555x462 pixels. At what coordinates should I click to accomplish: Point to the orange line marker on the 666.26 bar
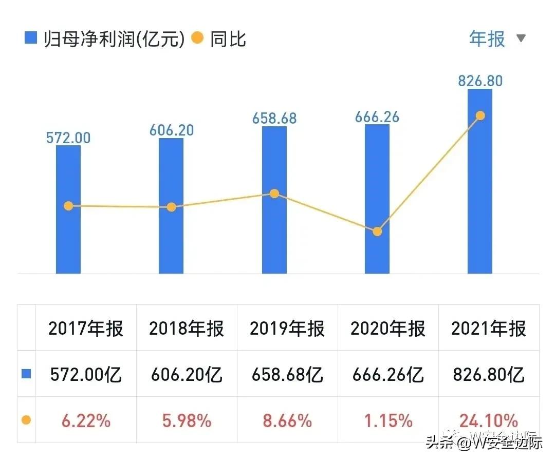click(377, 232)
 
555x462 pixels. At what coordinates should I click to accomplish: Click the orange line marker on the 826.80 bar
click(480, 115)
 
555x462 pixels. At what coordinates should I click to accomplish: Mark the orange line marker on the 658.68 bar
click(274, 194)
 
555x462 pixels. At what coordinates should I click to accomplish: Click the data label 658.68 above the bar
click(274, 119)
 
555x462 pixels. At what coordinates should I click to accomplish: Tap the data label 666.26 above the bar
click(377, 117)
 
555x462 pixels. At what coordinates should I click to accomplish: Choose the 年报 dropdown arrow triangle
click(521, 38)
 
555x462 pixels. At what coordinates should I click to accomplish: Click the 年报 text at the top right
click(487, 39)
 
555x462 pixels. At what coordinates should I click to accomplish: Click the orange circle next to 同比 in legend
click(198, 38)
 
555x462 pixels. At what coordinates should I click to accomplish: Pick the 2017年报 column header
click(86, 329)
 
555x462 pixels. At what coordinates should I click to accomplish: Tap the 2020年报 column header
click(388, 329)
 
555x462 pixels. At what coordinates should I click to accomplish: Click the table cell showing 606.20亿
click(187, 375)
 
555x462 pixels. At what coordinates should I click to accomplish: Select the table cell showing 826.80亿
click(489, 375)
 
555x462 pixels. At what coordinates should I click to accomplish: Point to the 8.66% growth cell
click(287, 421)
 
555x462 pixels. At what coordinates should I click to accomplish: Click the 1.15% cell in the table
click(388, 421)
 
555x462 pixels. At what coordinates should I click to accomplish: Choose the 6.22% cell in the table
click(86, 421)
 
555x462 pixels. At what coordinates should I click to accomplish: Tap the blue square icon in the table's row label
click(26, 374)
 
